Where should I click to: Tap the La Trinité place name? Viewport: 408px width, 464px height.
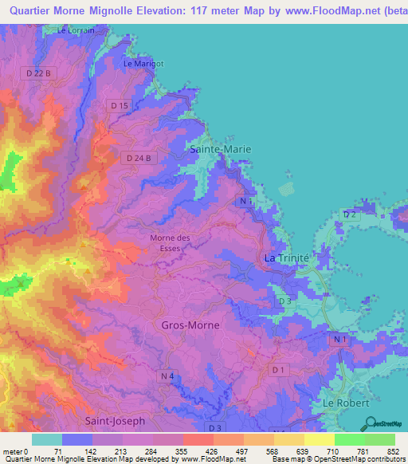[x=285, y=258]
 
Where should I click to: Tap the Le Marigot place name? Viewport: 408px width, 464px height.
[x=143, y=63]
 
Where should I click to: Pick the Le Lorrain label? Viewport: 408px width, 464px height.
[x=76, y=30]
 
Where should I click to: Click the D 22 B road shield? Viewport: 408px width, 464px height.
[x=38, y=73]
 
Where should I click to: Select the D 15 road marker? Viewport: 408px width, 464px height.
[x=120, y=105]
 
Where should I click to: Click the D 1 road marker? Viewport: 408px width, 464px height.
[x=278, y=370]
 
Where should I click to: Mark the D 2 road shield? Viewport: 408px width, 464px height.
[x=349, y=215]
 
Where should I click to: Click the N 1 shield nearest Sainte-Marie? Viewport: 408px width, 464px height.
[x=245, y=203]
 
